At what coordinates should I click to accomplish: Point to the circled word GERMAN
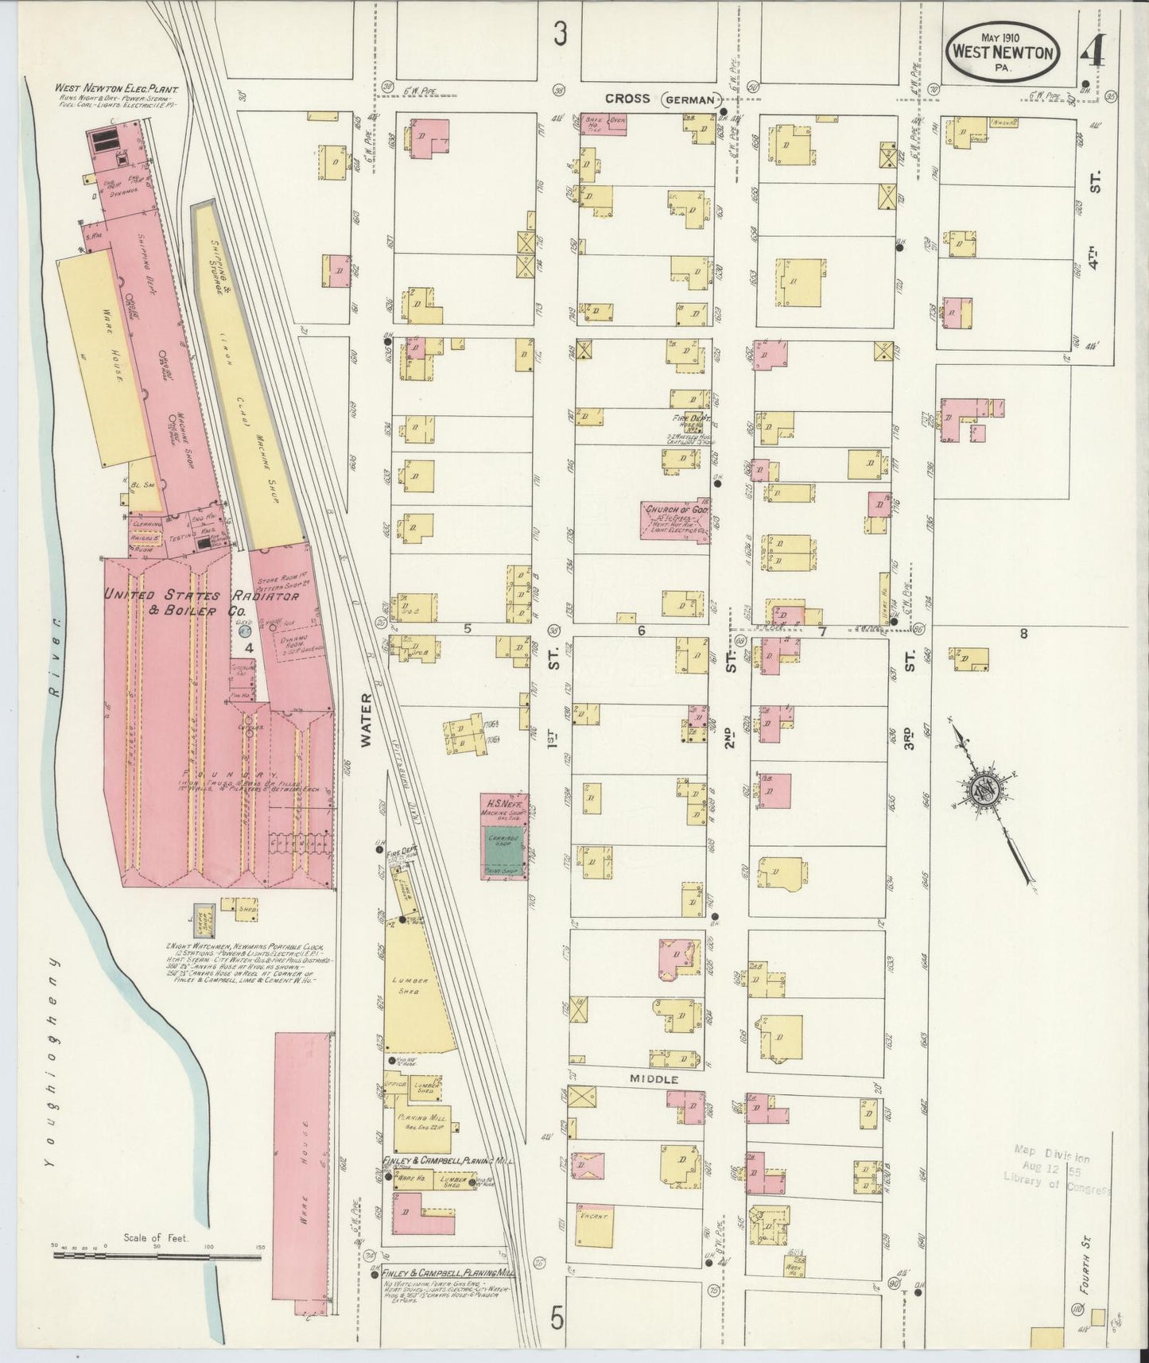[690, 99]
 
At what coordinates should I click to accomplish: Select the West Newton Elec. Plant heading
[115, 89]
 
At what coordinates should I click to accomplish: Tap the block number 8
[1023, 634]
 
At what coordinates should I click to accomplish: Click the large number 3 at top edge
[561, 34]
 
